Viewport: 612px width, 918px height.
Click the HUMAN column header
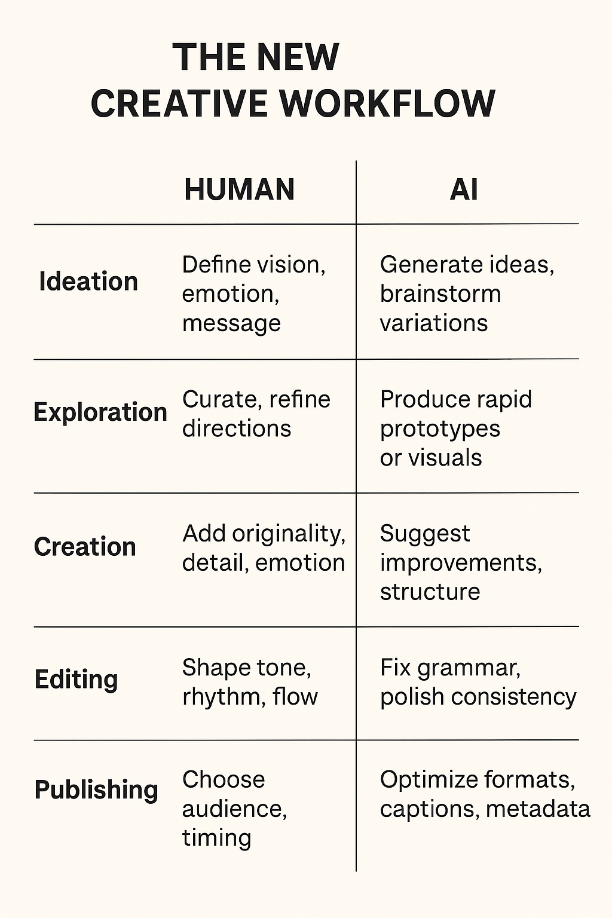(239, 189)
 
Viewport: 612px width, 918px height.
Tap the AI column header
(464, 189)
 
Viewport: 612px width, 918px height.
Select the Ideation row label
(88, 281)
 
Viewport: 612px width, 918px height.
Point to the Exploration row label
(100, 412)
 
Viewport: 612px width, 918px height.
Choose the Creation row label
(85, 547)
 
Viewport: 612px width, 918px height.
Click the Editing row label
(76, 680)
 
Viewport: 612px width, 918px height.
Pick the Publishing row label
(96, 790)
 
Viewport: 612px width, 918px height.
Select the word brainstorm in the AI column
(440, 294)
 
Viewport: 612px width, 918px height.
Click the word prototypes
(440, 429)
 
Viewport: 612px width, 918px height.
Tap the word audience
(234, 809)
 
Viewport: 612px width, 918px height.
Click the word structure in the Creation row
(430, 592)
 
